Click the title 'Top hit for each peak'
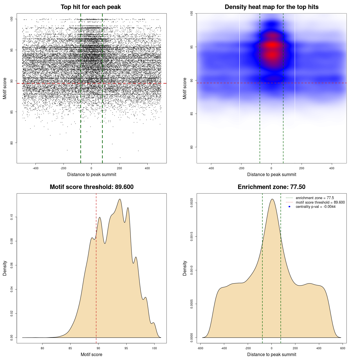91,7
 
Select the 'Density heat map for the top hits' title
271,7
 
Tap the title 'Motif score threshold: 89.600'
91,187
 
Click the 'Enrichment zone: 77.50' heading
271,187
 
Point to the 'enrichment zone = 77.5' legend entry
315,198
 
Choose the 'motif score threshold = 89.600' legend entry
320,202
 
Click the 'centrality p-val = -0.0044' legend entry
316,207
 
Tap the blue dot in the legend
289,207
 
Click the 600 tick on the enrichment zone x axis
343,348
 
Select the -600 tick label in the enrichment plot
200,348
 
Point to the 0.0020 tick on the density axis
192,203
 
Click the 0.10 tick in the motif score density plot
12,217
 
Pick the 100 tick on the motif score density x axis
154,348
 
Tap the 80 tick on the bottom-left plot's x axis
42,348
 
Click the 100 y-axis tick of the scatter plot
12,19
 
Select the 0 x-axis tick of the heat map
271,168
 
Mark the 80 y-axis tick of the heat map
192,147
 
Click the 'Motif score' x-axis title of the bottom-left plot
91,354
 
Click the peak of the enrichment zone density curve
272,199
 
